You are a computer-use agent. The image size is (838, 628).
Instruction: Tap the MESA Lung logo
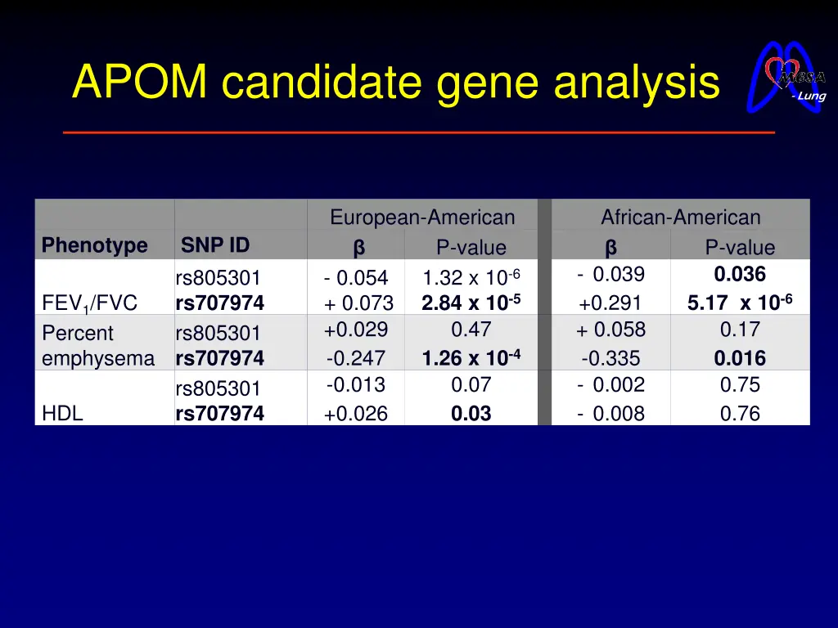[787, 78]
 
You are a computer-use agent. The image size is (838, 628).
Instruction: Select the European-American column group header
[422, 218]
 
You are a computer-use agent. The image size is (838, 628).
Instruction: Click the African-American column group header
[680, 218]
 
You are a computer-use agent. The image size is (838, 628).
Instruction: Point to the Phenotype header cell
[95, 245]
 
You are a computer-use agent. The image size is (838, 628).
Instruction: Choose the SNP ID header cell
[215, 244]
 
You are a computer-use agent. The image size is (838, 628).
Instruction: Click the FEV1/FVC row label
[89, 303]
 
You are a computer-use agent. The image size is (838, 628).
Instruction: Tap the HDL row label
[62, 414]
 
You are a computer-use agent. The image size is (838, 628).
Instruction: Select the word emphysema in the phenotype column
[98, 358]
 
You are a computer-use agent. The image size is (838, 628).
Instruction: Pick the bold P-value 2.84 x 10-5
[471, 303]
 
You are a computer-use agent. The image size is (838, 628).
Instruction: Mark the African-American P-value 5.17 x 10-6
[740, 303]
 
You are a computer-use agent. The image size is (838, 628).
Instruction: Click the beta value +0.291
[610, 303]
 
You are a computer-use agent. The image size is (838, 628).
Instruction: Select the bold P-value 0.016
[740, 358]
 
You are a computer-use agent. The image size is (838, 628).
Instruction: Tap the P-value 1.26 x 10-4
[471, 357]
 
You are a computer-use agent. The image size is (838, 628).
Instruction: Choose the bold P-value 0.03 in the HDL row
[471, 414]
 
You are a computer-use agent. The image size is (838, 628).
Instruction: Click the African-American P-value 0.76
[740, 414]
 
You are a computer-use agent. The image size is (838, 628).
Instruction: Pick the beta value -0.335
[610, 358]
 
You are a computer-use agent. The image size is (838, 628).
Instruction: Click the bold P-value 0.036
[740, 274]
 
